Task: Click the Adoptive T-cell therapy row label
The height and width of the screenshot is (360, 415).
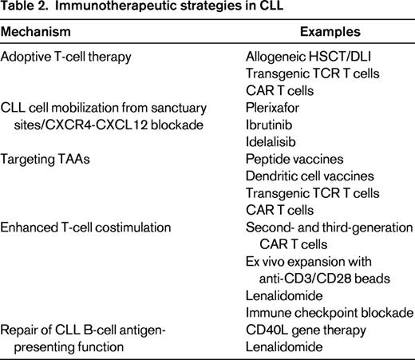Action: [69, 58]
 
